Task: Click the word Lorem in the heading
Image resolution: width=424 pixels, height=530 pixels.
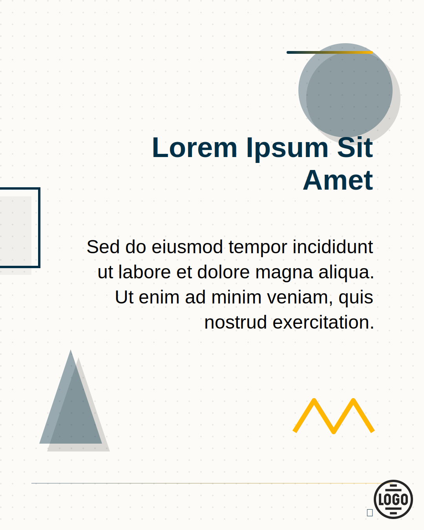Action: tap(195, 148)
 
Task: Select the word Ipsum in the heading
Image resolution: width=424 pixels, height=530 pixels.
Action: tap(287, 150)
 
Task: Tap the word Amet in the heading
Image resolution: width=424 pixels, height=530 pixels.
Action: tap(338, 180)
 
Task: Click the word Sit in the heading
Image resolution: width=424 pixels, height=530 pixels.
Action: tap(355, 147)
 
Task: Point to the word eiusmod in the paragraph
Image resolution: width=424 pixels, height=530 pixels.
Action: tap(187, 247)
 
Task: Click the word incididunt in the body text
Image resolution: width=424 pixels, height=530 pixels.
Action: tap(333, 247)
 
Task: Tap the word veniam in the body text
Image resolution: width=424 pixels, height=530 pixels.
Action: tap(300, 297)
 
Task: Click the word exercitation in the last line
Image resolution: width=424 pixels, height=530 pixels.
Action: tap(323, 322)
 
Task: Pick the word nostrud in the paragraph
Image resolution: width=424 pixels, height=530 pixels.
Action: tap(236, 322)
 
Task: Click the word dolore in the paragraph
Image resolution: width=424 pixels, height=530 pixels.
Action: tap(223, 272)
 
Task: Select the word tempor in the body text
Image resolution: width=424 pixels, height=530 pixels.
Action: tap(258, 248)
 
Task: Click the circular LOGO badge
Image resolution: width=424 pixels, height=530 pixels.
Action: tap(393, 499)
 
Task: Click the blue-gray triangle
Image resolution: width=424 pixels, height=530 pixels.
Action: tap(71, 404)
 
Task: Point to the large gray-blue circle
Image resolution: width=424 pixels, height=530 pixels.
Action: tap(345, 90)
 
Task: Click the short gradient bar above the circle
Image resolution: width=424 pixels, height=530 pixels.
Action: tap(330, 52)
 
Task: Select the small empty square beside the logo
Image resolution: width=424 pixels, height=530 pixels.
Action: tap(369, 512)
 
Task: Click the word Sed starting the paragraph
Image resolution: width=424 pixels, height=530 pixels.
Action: tap(103, 247)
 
